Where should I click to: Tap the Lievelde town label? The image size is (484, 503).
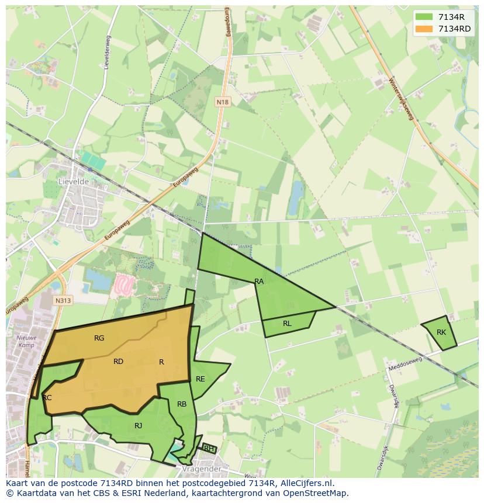(74, 182)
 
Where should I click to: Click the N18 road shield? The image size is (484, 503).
(222, 102)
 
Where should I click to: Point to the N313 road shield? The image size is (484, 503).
(63, 300)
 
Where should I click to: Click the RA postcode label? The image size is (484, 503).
(259, 282)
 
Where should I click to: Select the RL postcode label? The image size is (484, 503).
(287, 324)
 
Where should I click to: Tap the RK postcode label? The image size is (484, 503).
(441, 332)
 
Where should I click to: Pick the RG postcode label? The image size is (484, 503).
(99, 338)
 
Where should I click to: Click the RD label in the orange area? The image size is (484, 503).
(118, 362)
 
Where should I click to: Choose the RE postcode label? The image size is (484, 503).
(200, 379)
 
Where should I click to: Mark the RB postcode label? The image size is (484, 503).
(182, 404)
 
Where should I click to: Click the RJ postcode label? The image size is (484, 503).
(138, 426)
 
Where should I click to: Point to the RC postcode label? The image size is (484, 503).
(47, 398)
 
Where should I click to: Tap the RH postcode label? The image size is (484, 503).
(208, 449)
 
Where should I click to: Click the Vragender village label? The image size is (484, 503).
(200, 469)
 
